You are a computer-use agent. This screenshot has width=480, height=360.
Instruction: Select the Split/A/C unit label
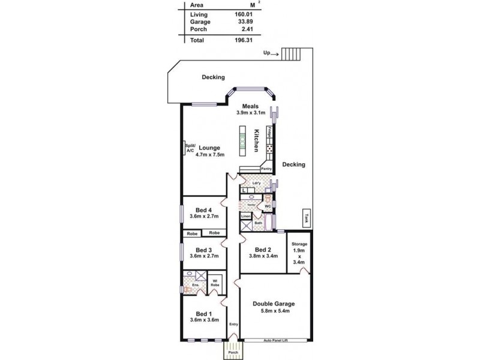(x=190, y=148)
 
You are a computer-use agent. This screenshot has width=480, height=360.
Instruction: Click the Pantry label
(x=267, y=169)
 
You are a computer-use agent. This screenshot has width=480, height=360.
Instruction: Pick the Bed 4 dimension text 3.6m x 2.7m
(x=204, y=216)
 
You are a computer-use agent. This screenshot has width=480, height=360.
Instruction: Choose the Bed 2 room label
(x=263, y=250)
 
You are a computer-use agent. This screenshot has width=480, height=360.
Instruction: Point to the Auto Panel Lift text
(x=277, y=340)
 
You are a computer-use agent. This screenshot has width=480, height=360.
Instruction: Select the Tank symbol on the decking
(x=306, y=218)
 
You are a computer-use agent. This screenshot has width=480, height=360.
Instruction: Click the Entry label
(x=234, y=325)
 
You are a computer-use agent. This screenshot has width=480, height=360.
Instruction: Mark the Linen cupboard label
(x=245, y=215)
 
